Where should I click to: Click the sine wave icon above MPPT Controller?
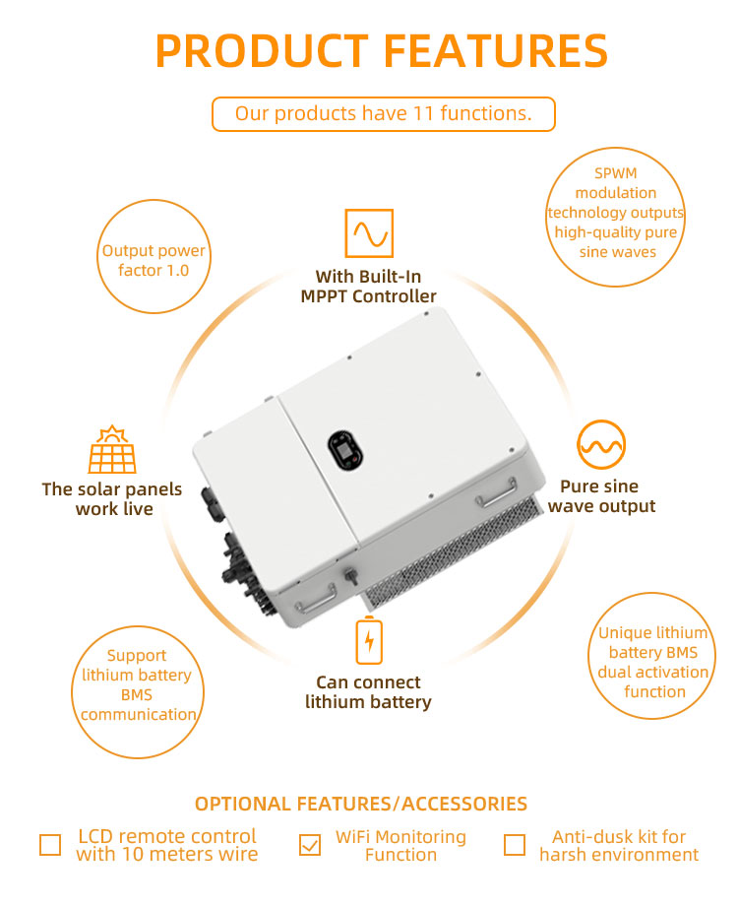369,233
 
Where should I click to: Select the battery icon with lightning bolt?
369,640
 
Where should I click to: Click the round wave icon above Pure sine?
601,444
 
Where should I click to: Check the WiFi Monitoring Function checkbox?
310,845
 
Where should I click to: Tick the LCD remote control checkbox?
50,845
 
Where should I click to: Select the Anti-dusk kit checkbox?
515,845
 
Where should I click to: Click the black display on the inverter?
345,451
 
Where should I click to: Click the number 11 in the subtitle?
424,113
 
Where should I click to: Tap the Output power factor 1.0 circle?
154,257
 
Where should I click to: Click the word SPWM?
615,173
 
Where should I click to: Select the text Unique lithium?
653,633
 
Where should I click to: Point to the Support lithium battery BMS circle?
138,691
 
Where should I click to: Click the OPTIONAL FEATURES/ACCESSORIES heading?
361,804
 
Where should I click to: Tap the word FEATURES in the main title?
496,51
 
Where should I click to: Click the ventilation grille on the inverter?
452,556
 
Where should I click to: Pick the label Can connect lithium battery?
369,691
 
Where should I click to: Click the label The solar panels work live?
112,498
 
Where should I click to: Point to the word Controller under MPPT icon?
395,296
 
